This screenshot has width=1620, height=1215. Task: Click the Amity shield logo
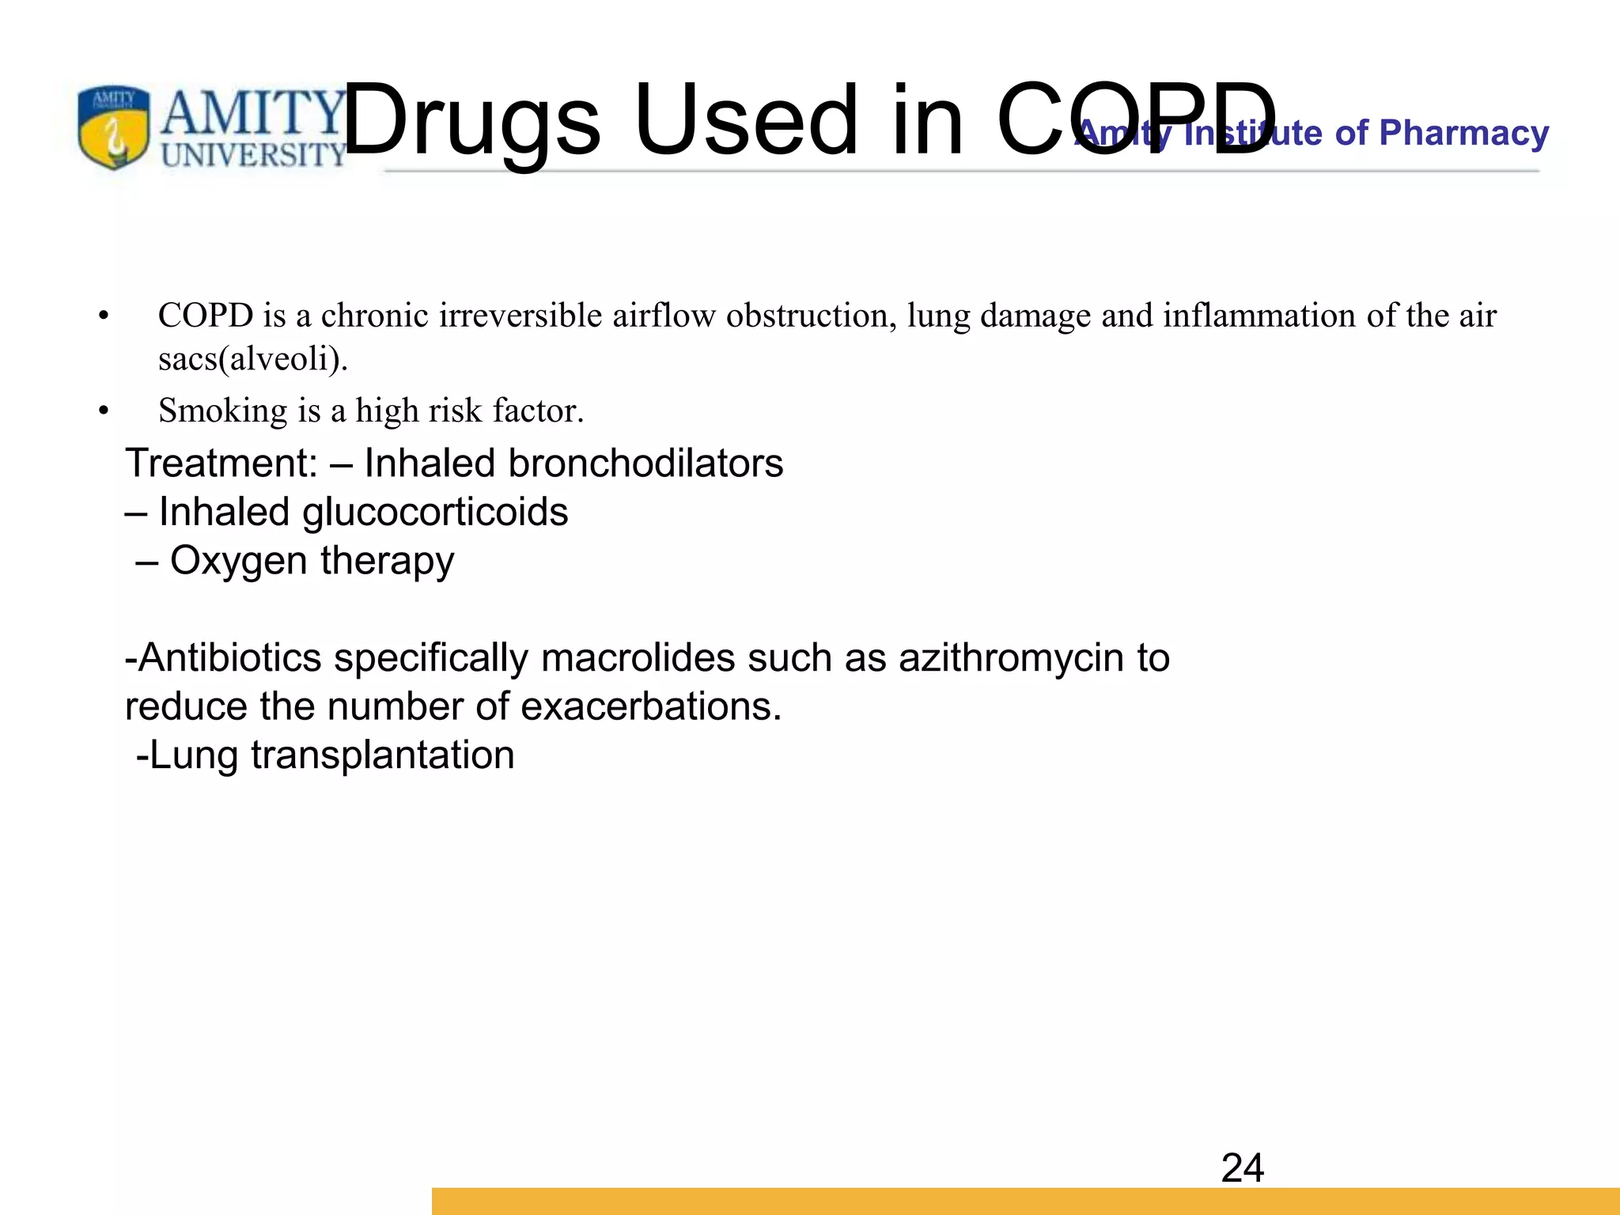coord(113,127)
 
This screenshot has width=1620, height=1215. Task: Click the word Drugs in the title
coord(471,121)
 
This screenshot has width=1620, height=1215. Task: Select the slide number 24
coord(1242,1168)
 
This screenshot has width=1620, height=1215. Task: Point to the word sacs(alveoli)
coord(253,359)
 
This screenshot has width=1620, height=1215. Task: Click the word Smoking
coord(223,411)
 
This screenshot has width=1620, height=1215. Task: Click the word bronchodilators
coord(645,464)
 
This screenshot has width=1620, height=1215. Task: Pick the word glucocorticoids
coord(435,513)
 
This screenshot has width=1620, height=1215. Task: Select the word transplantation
coord(383,755)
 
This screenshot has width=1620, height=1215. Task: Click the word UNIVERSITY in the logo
coord(253,155)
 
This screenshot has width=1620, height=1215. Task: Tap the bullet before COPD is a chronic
coord(103,316)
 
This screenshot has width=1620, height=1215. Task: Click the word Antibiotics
coord(229,658)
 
